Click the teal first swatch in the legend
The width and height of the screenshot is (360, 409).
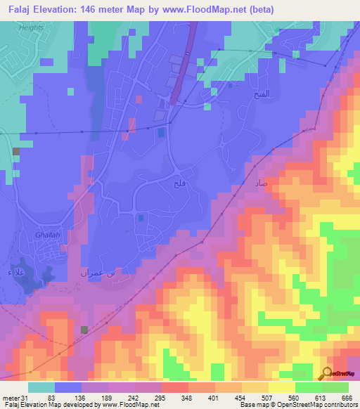click(x=41, y=387)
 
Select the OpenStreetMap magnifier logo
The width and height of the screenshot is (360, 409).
click(x=327, y=372)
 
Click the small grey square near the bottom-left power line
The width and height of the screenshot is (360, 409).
click(x=85, y=330)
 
